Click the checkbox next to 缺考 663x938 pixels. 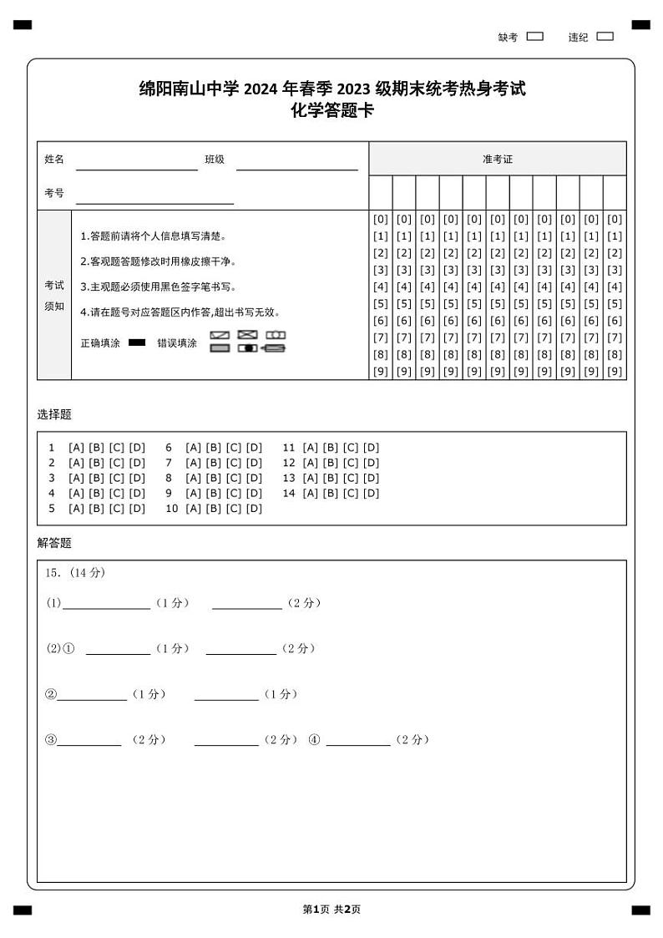point(535,37)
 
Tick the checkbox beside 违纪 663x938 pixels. point(605,37)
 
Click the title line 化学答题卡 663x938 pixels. point(331,110)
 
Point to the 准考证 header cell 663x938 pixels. point(497,159)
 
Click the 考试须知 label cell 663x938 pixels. point(54,296)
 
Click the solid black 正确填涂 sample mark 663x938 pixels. point(137,342)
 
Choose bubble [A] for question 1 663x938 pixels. point(75,448)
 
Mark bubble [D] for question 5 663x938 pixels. point(137,509)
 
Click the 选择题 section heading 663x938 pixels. point(54,414)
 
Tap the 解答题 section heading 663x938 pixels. point(54,543)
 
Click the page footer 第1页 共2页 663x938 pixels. point(331,910)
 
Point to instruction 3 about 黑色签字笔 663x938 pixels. point(158,287)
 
